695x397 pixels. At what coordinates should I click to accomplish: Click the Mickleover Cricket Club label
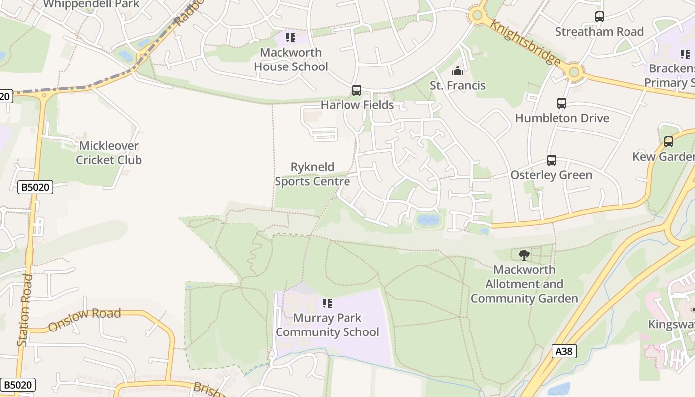(109, 153)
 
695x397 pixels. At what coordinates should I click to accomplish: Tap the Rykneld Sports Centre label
(312, 174)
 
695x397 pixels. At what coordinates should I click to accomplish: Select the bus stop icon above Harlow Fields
(357, 90)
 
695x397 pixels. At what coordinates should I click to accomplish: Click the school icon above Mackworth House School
(291, 38)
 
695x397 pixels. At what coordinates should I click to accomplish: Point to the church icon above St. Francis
(458, 71)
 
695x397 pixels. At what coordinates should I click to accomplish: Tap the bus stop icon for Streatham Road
(600, 17)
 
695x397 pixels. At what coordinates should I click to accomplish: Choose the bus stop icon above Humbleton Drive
(562, 103)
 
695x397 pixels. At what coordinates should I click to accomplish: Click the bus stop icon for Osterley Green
(552, 160)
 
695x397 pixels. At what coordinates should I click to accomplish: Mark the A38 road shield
(564, 352)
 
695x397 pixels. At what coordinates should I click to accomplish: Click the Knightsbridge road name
(526, 43)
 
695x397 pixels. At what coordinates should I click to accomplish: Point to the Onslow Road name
(84, 320)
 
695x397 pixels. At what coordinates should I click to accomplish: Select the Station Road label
(25, 310)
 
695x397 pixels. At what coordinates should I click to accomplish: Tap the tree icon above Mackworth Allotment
(524, 255)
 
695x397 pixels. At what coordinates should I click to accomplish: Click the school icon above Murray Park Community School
(327, 303)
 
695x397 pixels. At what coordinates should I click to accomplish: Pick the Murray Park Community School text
(327, 325)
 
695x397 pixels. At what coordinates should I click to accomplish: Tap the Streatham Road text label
(599, 32)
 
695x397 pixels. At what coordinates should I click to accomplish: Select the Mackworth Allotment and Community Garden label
(524, 284)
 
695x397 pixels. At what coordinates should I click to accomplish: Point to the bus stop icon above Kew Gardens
(669, 142)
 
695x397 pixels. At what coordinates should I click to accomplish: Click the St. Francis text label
(458, 85)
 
